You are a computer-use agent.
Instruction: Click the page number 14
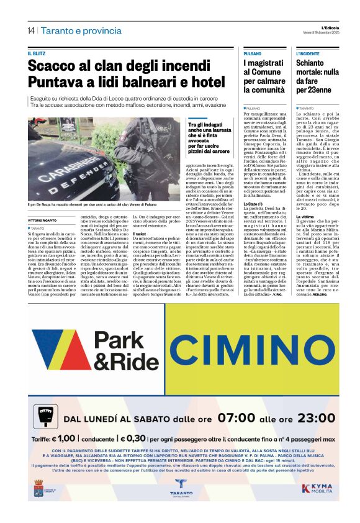point(30,30)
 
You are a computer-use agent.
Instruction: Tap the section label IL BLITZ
point(38,54)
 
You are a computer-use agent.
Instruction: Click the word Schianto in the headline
point(311,63)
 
